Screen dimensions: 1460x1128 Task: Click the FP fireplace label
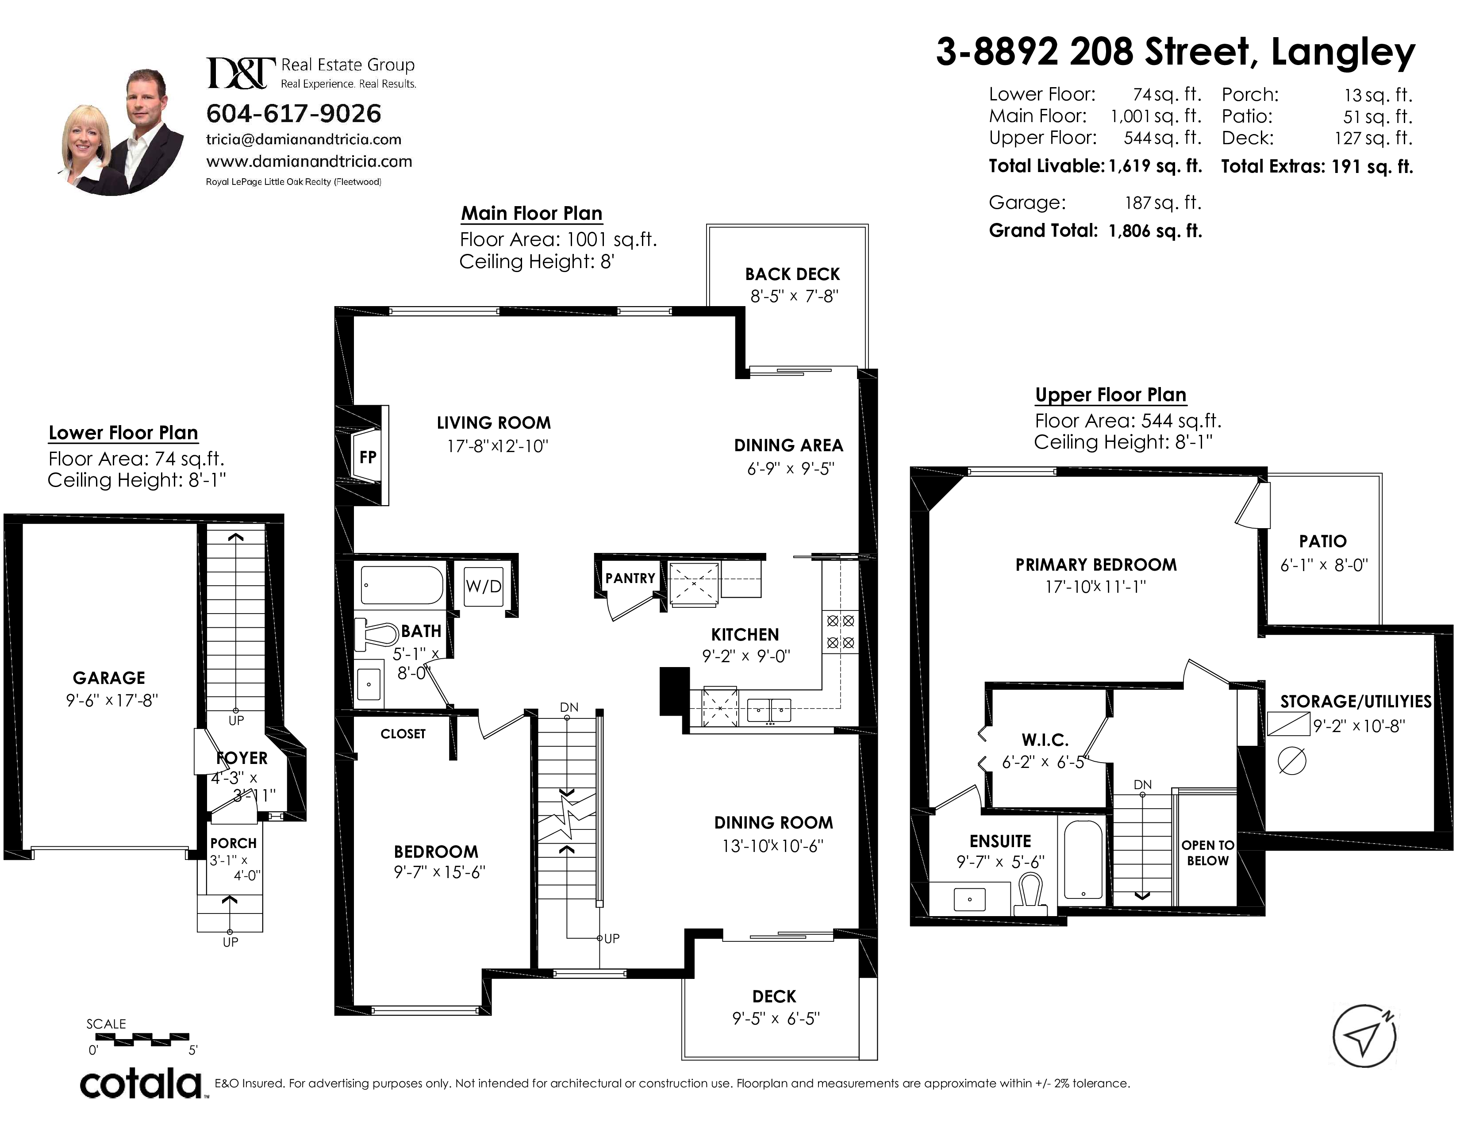click(x=368, y=457)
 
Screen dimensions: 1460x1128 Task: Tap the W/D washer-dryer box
click(x=483, y=586)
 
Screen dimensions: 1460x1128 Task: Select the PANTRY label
click(x=630, y=578)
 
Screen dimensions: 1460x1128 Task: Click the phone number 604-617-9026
click(x=293, y=114)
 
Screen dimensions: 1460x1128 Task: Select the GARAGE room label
click(x=109, y=678)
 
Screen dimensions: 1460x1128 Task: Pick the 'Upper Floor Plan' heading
click(x=1110, y=395)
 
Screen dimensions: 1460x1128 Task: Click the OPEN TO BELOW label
click(x=1207, y=853)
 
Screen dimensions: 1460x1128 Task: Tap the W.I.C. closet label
click(x=1045, y=740)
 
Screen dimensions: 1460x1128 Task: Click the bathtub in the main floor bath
click(x=402, y=585)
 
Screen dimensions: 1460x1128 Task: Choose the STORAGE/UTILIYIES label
click(x=1356, y=701)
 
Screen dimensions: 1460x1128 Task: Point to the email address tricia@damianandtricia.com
click(x=304, y=140)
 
